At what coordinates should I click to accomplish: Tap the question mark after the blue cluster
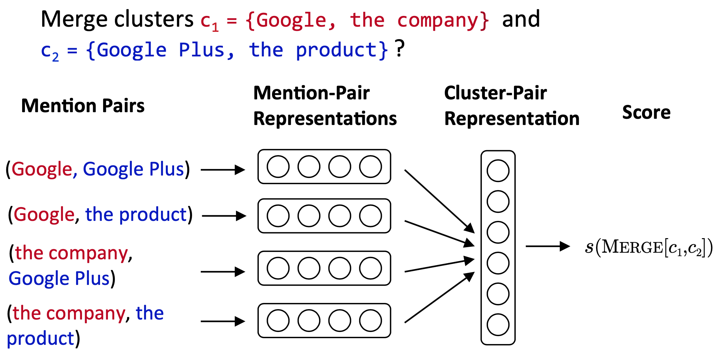[x=399, y=48]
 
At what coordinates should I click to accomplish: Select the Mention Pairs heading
[x=83, y=106]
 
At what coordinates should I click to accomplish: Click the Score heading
[x=646, y=112]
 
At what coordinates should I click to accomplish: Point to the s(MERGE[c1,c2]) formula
[x=649, y=247]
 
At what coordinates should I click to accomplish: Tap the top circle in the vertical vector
[x=498, y=171]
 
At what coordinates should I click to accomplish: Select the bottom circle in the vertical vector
[x=498, y=325]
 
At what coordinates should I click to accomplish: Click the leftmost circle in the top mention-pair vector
[x=278, y=166]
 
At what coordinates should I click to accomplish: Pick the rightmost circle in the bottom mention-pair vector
[x=370, y=321]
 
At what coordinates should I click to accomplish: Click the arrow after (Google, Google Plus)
[x=223, y=170]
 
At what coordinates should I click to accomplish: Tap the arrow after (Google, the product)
[x=224, y=216]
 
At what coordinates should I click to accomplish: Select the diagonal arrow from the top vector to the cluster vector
[x=439, y=201]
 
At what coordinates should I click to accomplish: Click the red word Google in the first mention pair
[x=42, y=169]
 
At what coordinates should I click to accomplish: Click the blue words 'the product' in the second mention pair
[x=136, y=215]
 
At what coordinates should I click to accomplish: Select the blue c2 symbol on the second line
[x=49, y=51]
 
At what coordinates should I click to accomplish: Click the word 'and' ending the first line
[x=521, y=19]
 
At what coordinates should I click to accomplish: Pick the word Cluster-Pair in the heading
[x=495, y=93]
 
